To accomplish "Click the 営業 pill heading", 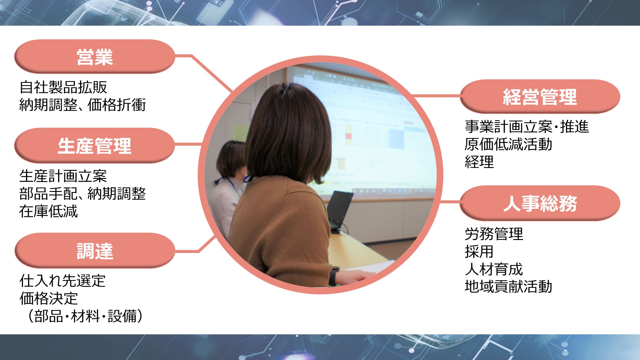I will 95,57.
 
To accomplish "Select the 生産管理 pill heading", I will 95,146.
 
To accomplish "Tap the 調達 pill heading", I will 95,251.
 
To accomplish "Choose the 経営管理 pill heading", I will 540,97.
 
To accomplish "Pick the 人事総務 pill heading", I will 540,203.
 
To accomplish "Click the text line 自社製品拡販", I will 63,87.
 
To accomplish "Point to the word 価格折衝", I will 117,105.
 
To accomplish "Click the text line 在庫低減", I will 48,211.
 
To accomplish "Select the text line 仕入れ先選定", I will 63,281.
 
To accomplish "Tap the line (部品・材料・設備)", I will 85,316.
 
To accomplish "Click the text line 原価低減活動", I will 508,144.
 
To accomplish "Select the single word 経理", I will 479,162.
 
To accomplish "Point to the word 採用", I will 479,252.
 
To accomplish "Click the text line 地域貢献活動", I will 508,287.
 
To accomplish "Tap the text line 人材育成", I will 494,269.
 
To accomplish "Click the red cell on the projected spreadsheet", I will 349,136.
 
